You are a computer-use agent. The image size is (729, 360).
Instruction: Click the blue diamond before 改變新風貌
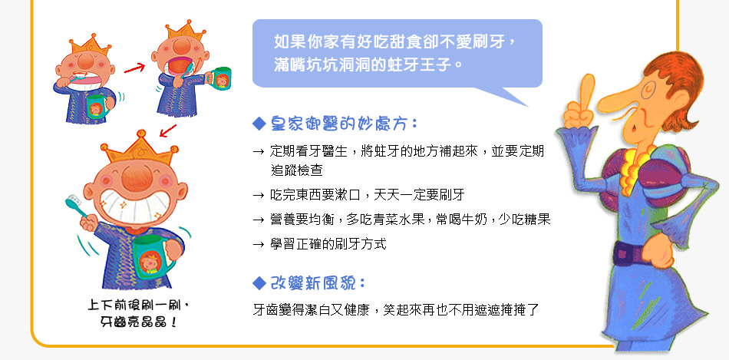(259, 282)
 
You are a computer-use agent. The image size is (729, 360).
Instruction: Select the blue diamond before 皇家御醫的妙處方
(259, 124)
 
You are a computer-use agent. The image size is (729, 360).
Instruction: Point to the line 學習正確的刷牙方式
(328, 244)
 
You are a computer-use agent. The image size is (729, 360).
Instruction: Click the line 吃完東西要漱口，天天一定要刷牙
(368, 194)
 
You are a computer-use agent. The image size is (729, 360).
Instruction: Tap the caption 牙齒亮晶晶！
(139, 322)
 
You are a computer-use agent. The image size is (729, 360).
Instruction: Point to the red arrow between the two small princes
(134, 68)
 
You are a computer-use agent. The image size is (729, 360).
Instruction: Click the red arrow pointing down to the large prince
(168, 130)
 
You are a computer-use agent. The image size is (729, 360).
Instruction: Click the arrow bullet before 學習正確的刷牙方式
(259, 244)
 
